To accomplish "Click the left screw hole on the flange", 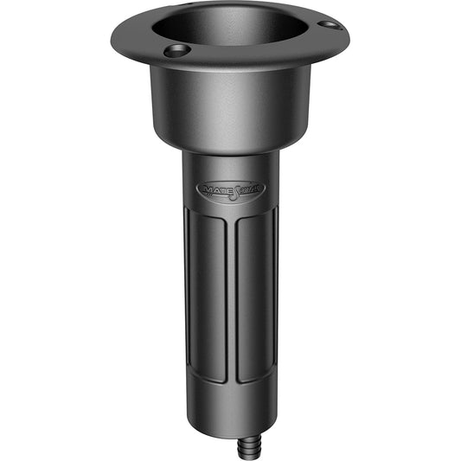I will [x=176, y=51].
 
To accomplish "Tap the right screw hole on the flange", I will [x=330, y=25].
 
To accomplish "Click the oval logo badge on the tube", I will [x=230, y=189].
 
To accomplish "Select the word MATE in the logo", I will [x=213, y=189].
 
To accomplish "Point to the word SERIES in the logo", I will [x=249, y=189].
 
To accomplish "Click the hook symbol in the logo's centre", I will [x=231, y=189].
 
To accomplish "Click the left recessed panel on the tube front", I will [x=210, y=294].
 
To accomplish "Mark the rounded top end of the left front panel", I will [x=210, y=216].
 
